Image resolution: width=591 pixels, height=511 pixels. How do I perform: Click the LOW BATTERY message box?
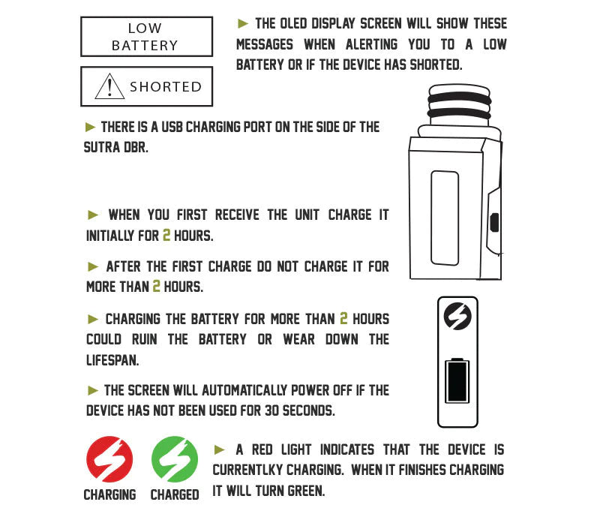[x=146, y=37]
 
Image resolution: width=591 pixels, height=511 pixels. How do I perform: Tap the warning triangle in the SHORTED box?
[x=109, y=86]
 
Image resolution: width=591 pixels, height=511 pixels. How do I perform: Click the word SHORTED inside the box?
[x=166, y=87]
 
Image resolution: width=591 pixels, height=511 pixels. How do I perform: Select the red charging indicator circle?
[x=109, y=459]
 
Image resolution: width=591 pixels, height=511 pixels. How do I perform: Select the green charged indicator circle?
[x=175, y=459]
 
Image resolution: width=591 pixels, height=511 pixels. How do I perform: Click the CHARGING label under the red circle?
[x=109, y=494]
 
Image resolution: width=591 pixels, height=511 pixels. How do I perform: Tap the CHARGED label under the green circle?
[x=175, y=494]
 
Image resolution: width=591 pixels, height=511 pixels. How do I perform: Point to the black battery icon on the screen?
[x=457, y=381]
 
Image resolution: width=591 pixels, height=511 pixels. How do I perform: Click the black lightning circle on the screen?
[x=457, y=316]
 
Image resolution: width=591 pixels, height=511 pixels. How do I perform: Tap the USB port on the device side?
[x=494, y=222]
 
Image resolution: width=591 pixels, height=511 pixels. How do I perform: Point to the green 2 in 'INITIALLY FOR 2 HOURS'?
[x=166, y=236]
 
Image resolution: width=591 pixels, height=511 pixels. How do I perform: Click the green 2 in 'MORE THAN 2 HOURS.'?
[x=156, y=286]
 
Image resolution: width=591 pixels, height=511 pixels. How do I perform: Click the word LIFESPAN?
[x=112, y=360]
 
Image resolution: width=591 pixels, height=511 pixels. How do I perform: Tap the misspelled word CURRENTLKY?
[x=247, y=470]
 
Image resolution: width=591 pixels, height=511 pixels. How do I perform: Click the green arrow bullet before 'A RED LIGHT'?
[x=219, y=449]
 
